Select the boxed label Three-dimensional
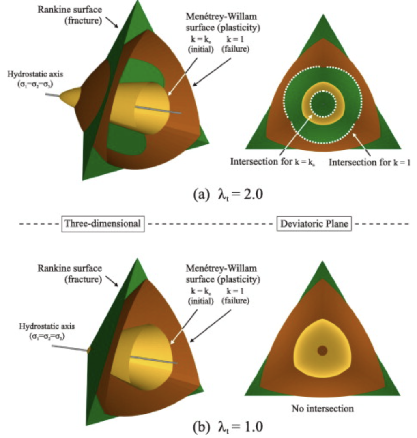103,223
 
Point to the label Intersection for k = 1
369,162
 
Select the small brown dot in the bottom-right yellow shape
322,350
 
